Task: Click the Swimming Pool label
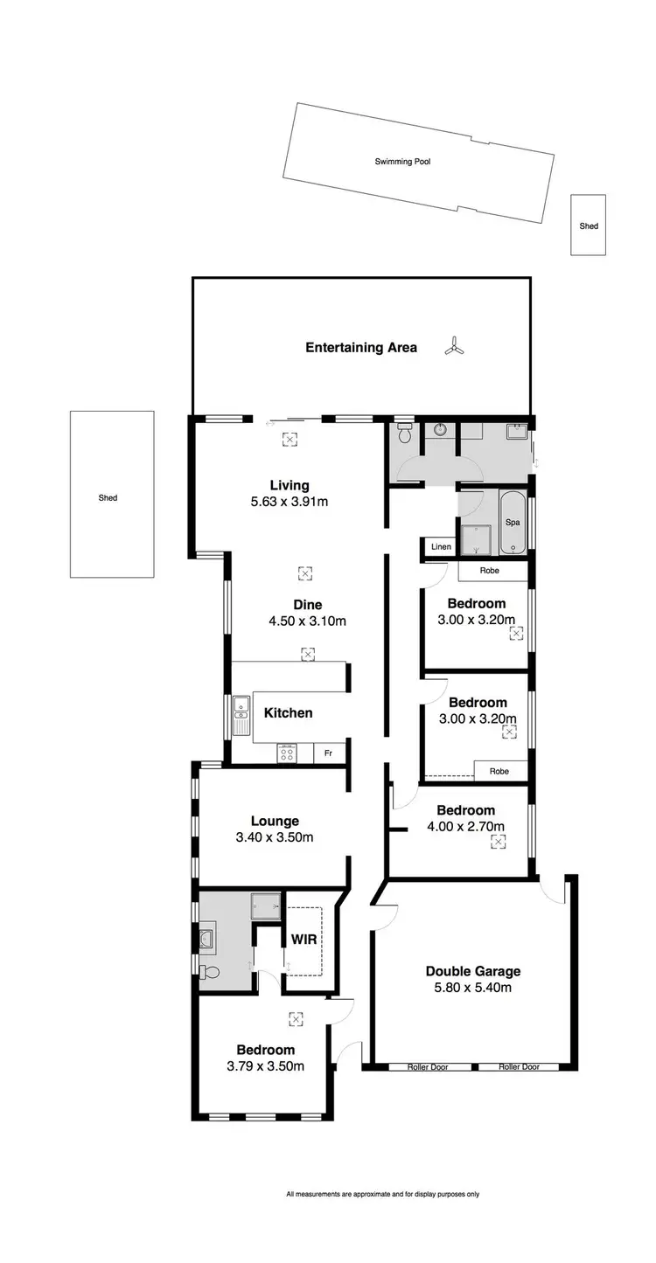[x=402, y=162]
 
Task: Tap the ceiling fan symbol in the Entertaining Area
[x=453, y=347]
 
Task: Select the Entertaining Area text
[x=360, y=347]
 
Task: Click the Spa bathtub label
[x=513, y=522]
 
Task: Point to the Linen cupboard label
[x=441, y=547]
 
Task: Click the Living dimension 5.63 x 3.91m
[x=288, y=502]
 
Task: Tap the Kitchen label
[x=288, y=712]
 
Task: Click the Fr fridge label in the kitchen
[x=329, y=753]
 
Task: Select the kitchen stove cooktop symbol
[x=287, y=753]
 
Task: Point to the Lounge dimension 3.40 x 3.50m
[x=275, y=837]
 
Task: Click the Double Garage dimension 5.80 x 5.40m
[x=472, y=988]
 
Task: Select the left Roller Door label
[x=427, y=1066]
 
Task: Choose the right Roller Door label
[x=520, y=1066]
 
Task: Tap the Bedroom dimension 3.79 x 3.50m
[x=265, y=1065]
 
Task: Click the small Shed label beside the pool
[x=589, y=226]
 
